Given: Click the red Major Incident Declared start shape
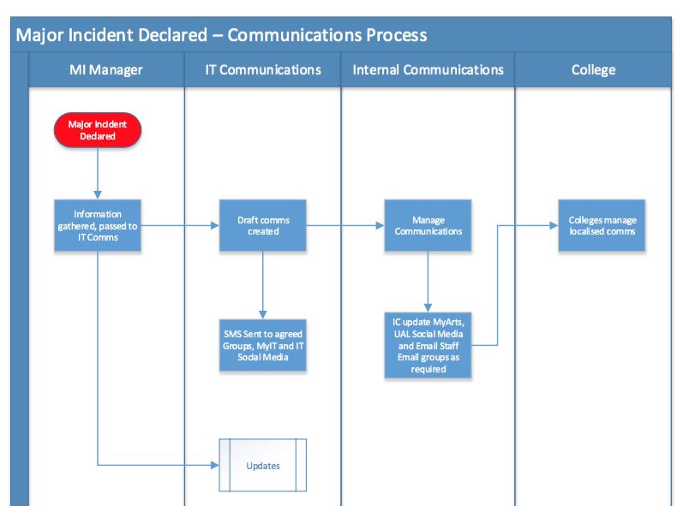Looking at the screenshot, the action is (x=98, y=130).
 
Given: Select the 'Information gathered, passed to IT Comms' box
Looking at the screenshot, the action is (x=98, y=225).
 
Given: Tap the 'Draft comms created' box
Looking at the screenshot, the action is (x=263, y=225).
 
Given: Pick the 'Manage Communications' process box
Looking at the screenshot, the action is (x=428, y=225).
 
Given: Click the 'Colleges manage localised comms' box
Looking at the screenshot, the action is (x=602, y=225).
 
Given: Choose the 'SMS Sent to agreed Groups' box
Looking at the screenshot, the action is (x=263, y=345).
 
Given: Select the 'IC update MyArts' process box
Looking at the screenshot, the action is (x=428, y=345).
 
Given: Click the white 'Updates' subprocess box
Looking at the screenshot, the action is (x=263, y=465).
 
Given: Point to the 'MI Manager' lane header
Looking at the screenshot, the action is (x=106, y=69).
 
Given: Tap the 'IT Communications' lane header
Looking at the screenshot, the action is (x=263, y=69).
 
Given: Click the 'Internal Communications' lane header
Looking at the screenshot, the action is (x=428, y=69).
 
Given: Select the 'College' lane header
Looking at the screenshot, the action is (x=593, y=69).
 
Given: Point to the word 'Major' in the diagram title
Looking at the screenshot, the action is (x=38, y=36).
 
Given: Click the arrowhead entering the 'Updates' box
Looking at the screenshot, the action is (x=215, y=465).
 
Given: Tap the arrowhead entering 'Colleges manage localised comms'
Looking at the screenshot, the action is (x=554, y=225).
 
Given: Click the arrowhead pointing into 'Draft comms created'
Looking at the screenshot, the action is (x=215, y=225).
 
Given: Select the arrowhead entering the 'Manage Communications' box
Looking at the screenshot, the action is (x=380, y=225).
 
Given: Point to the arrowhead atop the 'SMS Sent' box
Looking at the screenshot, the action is (x=263, y=315).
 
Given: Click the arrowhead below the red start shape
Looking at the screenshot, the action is (x=98, y=195).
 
